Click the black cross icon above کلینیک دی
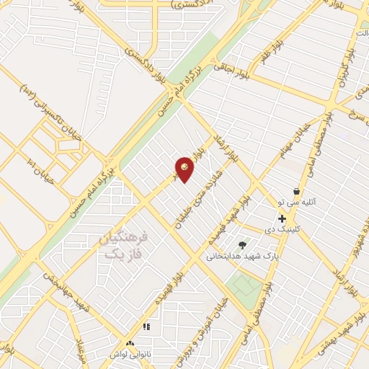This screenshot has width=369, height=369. [282, 218]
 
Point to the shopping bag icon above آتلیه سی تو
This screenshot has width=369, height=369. [296, 191]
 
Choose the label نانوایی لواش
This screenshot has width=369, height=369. [130, 355]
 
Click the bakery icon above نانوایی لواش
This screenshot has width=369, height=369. [130, 344]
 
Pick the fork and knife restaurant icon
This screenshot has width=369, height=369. [146, 326]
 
